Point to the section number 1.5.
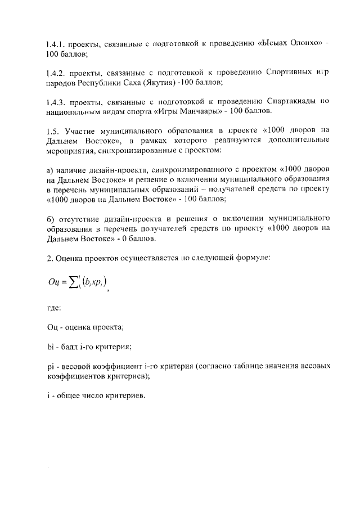point(51,130)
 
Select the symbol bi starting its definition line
point(49,346)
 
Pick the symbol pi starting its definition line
point(49,366)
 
